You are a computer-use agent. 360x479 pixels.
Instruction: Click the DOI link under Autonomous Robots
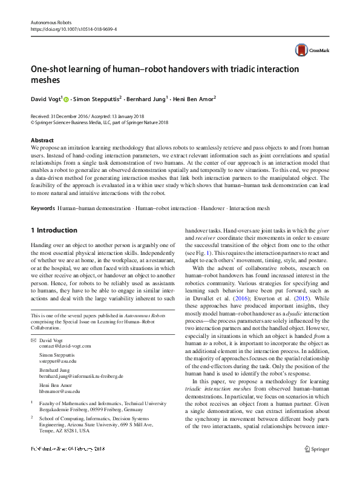coord(74,28)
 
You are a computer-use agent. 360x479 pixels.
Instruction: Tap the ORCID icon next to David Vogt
coord(66,97)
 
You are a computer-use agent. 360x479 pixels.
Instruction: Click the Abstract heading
coord(42,140)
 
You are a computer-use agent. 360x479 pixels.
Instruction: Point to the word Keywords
coord(42,208)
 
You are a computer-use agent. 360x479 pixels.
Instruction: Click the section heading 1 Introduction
coord(54,230)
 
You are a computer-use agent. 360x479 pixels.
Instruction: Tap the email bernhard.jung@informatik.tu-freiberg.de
coord(81,375)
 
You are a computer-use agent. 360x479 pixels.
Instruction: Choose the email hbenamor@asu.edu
coord(59,391)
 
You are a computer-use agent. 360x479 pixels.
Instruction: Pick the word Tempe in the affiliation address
coord(47,431)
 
